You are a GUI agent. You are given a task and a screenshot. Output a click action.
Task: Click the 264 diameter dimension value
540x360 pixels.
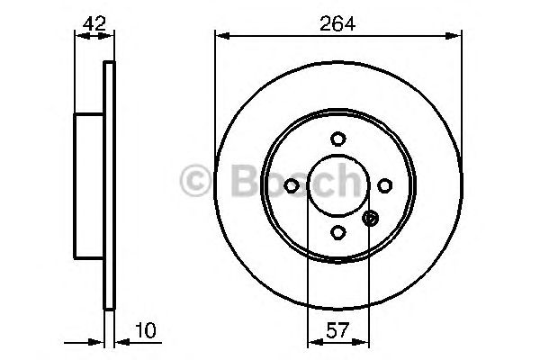(337, 25)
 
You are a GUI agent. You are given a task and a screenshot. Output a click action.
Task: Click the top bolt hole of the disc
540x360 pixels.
(337, 139)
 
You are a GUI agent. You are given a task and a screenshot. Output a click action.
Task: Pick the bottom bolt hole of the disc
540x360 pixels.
(337, 232)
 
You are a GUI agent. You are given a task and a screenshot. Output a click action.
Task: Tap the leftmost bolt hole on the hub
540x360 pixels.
(291, 185)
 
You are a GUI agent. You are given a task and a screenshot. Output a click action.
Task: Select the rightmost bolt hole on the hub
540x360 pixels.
(384, 185)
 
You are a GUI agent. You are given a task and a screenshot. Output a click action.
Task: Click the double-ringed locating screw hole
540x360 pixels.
(370, 217)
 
